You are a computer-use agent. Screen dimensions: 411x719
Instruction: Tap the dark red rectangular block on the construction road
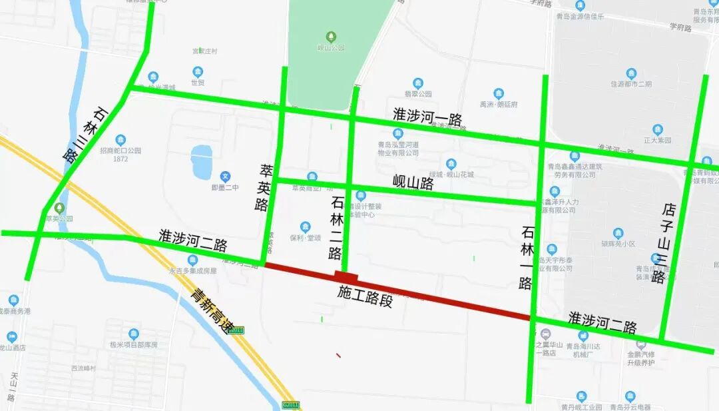[346, 276]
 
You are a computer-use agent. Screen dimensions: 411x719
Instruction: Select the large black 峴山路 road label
[413, 183]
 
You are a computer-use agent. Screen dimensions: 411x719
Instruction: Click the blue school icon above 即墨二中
[225, 177]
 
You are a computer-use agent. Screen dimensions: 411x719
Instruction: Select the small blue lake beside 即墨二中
[201, 163]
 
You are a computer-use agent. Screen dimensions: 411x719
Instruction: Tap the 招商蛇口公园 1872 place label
[120, 155]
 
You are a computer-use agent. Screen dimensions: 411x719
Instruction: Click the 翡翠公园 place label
[418, 94]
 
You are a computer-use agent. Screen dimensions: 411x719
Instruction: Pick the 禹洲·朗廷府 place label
[499, 105]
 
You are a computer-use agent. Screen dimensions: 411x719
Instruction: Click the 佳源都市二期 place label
[631, 84]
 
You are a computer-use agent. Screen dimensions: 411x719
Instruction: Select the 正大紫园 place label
[658, 141]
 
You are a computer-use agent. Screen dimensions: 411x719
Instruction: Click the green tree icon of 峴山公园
[331, 36]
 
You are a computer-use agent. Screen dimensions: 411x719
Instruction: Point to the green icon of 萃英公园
[61, 208]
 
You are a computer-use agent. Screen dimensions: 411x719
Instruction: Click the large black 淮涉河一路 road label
[427, 119]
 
